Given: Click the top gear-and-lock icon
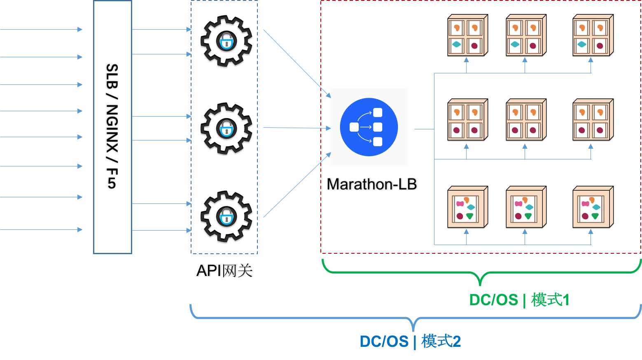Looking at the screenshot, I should pos(226,42).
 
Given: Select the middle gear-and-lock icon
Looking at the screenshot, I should pos(226,129).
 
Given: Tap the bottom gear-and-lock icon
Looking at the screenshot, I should pos(226,217).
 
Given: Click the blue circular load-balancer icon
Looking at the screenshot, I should pos(369,127).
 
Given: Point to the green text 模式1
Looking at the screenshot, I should pos(550,300).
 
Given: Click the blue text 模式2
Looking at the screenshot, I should pos(441,341).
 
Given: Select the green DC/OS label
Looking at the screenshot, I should pos(493,300).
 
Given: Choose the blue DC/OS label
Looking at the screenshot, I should pos(384,341).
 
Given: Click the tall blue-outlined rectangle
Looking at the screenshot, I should pos(112,127).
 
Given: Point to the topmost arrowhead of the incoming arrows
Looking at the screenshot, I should pos(80,29).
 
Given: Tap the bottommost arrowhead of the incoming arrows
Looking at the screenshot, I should pos(80,229).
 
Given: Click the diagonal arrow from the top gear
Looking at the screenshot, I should pos(296,63).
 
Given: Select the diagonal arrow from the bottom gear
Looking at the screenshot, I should pos(296,185).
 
